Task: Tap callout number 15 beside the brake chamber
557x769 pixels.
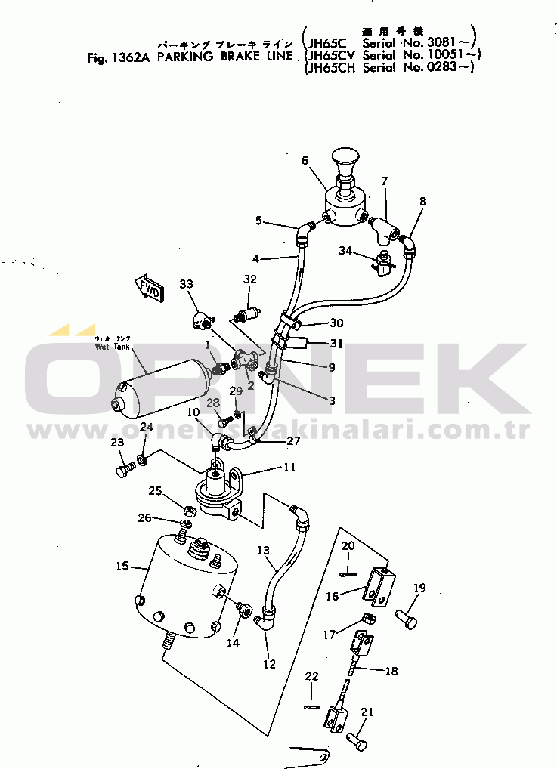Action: [120, 566]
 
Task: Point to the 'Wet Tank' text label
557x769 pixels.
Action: [113, 347]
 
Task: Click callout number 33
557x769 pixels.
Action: [187, 284]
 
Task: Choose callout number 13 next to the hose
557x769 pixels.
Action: [263, 551]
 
